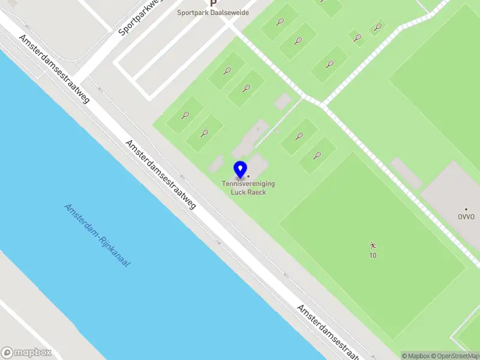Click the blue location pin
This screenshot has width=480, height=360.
coord(241,169)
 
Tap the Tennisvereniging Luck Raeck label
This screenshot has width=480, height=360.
coord(248,187)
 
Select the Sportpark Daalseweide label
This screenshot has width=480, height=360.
coord(212,13)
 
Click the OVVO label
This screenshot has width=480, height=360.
coord(466,217)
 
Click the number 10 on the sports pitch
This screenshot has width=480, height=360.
coord(373,256)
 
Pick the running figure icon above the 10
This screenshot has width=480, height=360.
coord(373,245)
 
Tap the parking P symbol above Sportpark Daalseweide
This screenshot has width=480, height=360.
coord(212,3)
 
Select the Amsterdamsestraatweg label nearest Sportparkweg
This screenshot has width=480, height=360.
coord(54,68)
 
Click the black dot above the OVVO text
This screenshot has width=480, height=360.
coord(466,209)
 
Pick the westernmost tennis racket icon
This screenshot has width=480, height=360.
coord(185,115)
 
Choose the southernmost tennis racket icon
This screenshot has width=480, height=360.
coord(317,155)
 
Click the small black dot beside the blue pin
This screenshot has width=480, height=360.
coord(248,176)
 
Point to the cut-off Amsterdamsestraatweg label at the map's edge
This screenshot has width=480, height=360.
coord(329,331)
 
